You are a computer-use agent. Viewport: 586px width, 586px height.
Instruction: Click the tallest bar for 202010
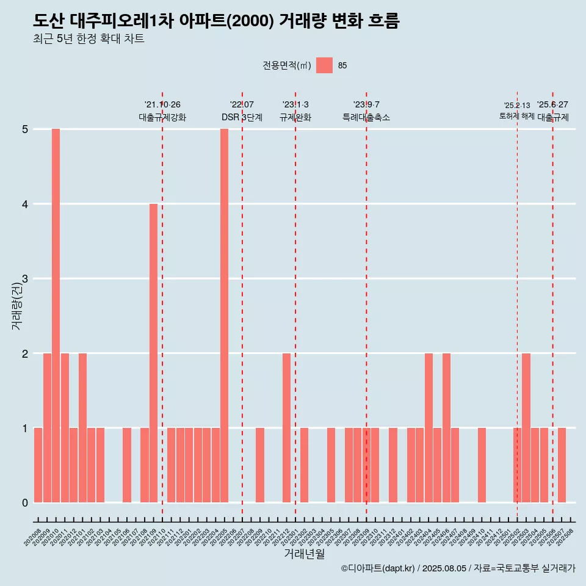[x=56, y=316]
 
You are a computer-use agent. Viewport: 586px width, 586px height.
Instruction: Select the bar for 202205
[x=224, y=316]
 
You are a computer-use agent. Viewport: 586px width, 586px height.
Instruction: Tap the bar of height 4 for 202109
[x=153, y=353]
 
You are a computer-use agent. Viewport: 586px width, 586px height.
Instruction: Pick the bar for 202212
[x=286, y=427]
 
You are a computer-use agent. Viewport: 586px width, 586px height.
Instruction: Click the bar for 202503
[x=526, y=427]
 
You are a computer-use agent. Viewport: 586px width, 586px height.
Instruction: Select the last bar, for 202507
[x=562, y=465]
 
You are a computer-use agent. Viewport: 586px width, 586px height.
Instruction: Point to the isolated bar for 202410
[x=482, y=465]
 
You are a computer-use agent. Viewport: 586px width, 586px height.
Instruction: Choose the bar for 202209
[x=260, y=465]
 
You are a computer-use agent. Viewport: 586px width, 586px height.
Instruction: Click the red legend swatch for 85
[x=324, y=65]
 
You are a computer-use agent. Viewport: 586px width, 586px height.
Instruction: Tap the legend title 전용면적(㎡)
[x=286, y=66]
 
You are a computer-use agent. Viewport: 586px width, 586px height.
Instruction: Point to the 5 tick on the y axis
[x=26, y=129]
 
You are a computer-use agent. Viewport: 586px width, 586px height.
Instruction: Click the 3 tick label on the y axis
[x=26, y=279]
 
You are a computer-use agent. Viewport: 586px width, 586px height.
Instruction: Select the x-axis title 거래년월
[x=304, y=554]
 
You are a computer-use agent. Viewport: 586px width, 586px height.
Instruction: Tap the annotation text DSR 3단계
[x=242, y=117]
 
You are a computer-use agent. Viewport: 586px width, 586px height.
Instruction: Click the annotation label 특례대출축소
[x=366, y=117]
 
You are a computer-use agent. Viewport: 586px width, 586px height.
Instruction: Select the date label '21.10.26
[x=162, y=104]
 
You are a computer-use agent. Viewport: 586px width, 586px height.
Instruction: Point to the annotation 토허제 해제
[x=516, y=116]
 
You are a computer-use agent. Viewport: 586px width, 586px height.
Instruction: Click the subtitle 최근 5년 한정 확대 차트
[x=89, y=39]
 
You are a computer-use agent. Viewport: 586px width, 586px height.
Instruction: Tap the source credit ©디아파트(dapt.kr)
[x=377, y=569]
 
